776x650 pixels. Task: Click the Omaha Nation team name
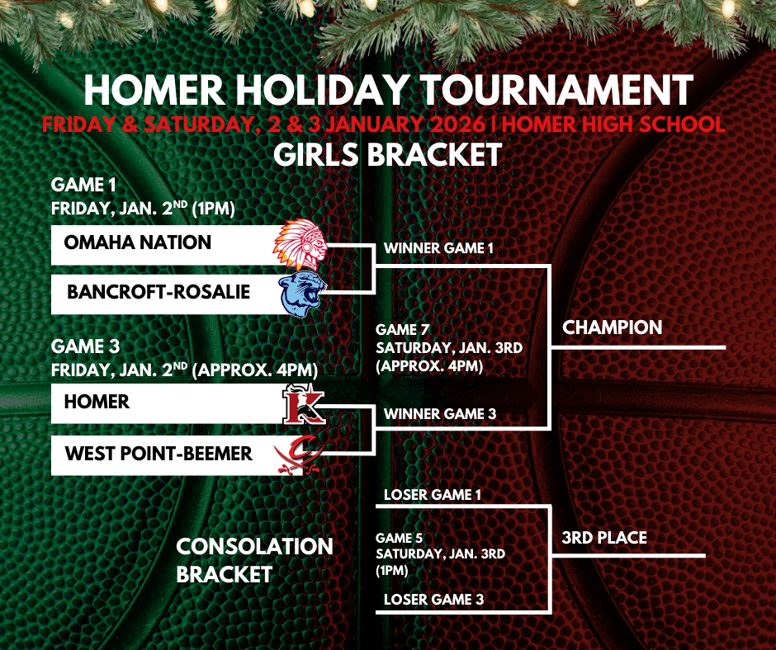pyautogui.click(x=137, y=243)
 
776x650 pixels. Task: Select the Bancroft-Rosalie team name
pyautogui.click(x=159, y=292)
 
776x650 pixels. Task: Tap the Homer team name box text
pyautogui.click(x=97, y=402)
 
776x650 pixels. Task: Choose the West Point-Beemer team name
pyautogui.click(x=159, y=453)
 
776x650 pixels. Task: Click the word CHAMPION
pyautogui.click(x=612, y=327)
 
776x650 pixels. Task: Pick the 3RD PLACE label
pyautogui.click(x=604, y=538)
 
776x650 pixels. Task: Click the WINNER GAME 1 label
pyautogui.click(x=438, y=248)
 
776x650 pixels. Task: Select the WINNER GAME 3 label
pyautogui.click(x=439, y=413)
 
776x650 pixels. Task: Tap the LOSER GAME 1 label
pyautogui.click(x=433, y=495)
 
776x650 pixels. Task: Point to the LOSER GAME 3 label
pyautogui.click(x=433, y=600)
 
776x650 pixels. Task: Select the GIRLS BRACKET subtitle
pyautogui.click(x=388, y=154)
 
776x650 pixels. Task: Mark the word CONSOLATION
pyautogui.click(x=255, y=546)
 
